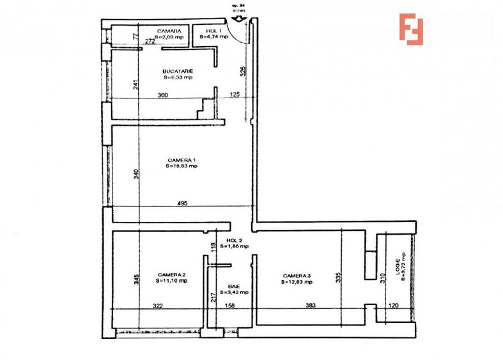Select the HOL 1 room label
point(213,31)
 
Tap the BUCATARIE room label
point(178,71)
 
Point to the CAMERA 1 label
point(182,159)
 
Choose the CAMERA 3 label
point(298,276)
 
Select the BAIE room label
point(233,286)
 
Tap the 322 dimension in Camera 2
point(158,306)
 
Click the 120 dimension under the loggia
point(395,306)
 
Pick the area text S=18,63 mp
point(182,166)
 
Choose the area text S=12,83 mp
point(298,282)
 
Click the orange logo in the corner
point(412,29)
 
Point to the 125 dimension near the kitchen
point(235,95)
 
